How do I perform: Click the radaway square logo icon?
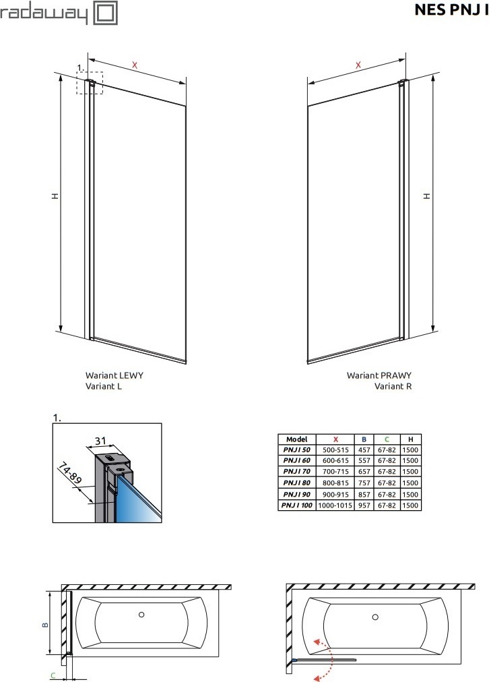[x=106, y=13]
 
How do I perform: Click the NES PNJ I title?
[x=451, y=9]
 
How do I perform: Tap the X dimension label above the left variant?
[x=135, y=65]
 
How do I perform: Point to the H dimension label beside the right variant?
[x=427, y=196]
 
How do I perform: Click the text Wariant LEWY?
[x=115, y=375]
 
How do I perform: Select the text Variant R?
[x=393, y=386]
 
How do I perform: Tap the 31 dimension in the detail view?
[x=100, y=441]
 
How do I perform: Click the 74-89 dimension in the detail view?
[x=69, y=474]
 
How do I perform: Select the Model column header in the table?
[x=297, y=439]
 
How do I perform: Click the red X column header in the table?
[x=335, y=439]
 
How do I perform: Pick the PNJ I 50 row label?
[x=297, y=449]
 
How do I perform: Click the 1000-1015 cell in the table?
[x=335, y=505]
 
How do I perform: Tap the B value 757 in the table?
[x=364, y=483]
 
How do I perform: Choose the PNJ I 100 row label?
[x=297, y=505]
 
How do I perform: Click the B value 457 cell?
[x=364, y=449]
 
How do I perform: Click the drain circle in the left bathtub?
[x=141, y=615]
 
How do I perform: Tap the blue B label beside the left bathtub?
[x=45, y=625]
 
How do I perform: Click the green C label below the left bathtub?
[x=53, y=675]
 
